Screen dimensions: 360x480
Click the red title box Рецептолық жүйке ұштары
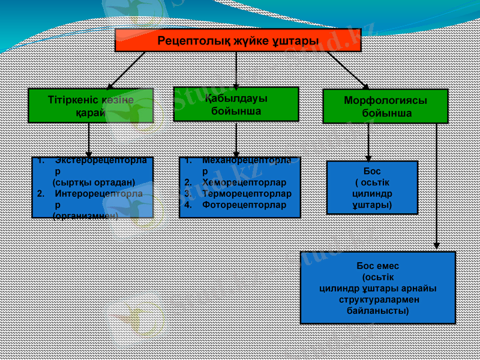pos(236,40)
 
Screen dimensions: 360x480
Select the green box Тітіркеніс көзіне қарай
pos(91,106)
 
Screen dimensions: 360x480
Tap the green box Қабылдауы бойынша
pos(236,104)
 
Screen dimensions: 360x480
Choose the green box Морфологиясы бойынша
pos(385,106)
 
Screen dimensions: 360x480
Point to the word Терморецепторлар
pos(247,194)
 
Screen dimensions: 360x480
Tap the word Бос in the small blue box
pos(372,172)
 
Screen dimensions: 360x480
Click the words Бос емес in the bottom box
pos(377,266)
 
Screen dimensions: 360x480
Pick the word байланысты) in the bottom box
pos(378,311)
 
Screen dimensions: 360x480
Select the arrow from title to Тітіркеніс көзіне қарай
pos(126,70)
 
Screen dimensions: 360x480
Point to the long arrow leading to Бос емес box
pos(437,186)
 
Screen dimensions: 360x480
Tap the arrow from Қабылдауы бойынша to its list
pos(236,139)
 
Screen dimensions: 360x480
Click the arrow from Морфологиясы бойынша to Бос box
pos(368,142)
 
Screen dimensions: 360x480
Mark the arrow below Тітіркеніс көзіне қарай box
pos(89,140)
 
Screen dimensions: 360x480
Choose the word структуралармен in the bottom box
pos(378,299)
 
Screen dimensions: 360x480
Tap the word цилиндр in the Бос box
pos(372,194)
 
